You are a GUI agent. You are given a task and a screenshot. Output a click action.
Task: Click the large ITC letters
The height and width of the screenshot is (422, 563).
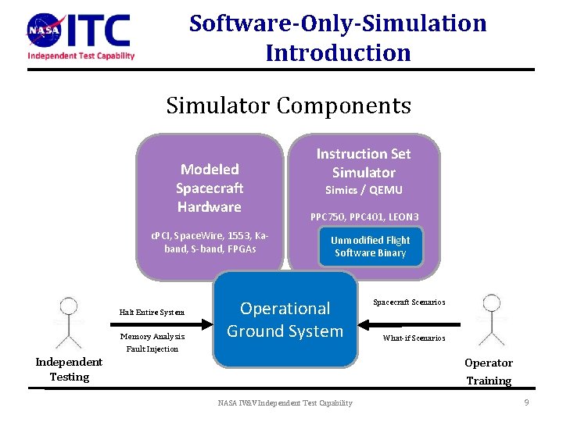point(100,30)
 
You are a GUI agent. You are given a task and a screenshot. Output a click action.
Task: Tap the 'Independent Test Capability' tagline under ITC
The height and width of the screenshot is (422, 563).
point(81,55)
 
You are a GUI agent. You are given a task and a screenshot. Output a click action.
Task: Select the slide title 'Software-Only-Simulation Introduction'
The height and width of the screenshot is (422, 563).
point(338,38)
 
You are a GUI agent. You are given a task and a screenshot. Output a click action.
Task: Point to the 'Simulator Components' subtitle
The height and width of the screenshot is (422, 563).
point(288,105)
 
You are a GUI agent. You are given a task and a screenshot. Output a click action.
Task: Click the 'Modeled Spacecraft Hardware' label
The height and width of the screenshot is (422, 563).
point(209,188)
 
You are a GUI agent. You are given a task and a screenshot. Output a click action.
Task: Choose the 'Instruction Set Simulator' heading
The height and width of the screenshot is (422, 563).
point(363,163)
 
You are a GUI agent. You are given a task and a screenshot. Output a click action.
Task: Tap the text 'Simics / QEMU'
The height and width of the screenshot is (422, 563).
point(364,190)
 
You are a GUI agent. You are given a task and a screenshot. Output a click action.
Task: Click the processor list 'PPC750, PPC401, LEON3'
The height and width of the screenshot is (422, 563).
point(364,216)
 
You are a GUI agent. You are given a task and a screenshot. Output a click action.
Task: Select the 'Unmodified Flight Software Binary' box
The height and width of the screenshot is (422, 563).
point(370,246)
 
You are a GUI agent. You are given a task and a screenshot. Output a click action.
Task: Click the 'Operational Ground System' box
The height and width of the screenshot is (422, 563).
point(285,319)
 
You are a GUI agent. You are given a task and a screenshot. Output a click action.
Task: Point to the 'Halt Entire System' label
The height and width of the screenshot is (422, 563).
point(152,313)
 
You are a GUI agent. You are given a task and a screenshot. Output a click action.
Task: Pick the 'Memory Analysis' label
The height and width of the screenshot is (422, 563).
point(152,337)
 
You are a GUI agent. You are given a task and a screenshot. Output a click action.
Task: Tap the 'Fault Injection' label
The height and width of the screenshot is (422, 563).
point(152,349)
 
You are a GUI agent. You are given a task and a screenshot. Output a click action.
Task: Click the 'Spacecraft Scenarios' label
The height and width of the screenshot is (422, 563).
point(409,302)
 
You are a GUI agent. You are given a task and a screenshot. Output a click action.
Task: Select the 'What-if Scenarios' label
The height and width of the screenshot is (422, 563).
point(414,338)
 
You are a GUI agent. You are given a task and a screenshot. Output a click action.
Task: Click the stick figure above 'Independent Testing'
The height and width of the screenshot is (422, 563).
point(70,322)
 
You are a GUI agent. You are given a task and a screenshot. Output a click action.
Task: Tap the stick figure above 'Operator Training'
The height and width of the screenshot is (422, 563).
point(491,320)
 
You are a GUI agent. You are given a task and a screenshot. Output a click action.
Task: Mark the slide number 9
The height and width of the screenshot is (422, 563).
point(527,402)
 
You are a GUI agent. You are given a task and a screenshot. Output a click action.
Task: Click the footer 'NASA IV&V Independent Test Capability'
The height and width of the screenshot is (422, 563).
point(285,402)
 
